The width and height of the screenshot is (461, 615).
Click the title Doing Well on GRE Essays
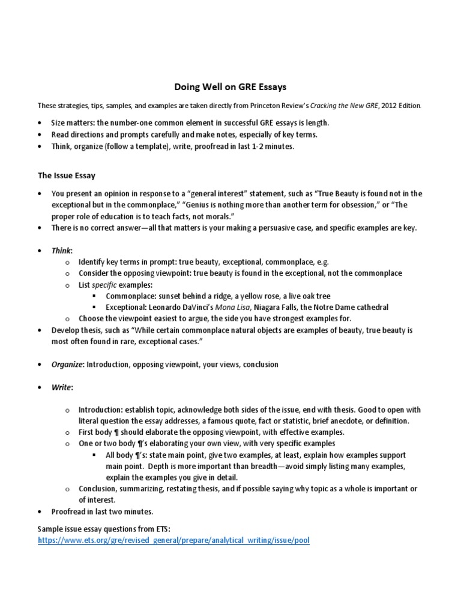click(x=230, y=87)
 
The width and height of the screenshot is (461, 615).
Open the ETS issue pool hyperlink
click(x=174, y=541)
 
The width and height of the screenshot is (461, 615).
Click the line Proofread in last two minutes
click(x=103, y=512)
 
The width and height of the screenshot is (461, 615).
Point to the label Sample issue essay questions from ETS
click(x=104, y=529)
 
